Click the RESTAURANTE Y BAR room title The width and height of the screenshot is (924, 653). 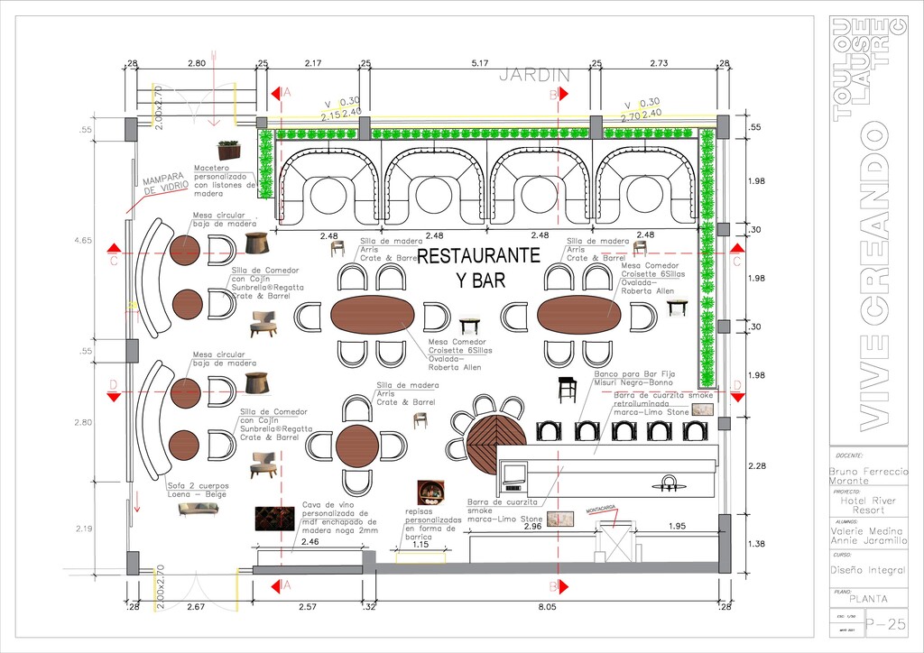tap(478, 267)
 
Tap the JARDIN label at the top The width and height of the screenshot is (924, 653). tap(535, 75)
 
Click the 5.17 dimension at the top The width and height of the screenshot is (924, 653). tap(480, 63)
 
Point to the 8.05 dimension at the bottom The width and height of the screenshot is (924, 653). tap(547, 607)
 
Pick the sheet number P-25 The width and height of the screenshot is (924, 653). tap(885, 624)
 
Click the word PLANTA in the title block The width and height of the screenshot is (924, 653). tap(867, 598)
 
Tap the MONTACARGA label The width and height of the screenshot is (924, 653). tap(601, 510)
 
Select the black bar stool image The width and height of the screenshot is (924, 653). tap(568, 389)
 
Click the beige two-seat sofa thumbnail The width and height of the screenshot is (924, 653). tap(199, 509)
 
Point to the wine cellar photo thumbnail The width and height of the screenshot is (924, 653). tap(274, 517)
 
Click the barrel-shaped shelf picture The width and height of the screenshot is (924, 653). tap(430, 492)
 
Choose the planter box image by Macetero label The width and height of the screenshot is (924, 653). tap(229, 149)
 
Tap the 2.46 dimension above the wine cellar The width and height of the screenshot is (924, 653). tap(310, 541)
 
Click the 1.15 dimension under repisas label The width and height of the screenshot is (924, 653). tap(420, 545)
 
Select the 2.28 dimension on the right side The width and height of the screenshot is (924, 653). tap(757, 466)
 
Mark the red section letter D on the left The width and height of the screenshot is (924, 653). tap(113, 385)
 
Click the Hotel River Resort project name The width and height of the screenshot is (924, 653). tap(867, 504)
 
